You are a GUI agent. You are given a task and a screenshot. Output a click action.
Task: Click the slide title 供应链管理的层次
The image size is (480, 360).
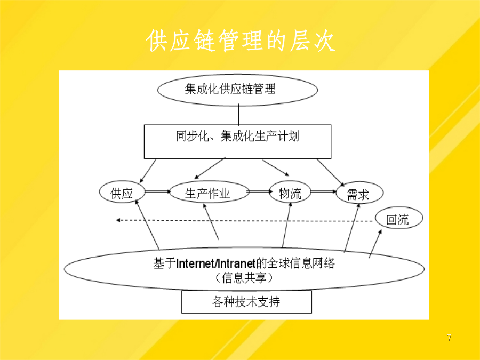(241, 41)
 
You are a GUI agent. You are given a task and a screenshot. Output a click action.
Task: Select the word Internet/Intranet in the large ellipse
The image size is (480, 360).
(216, 263)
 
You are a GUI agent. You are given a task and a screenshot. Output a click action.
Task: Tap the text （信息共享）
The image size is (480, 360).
(244, 278)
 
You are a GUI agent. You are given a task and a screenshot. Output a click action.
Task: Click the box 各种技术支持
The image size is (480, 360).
(247, 302)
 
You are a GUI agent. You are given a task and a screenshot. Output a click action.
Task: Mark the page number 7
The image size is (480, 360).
(449, 338)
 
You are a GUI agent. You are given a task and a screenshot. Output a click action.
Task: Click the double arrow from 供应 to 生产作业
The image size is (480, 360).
(157, 191)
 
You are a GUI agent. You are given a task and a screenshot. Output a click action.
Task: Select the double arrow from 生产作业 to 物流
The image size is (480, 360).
(259, 191)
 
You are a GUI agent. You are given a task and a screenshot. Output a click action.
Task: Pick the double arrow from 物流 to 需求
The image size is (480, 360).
(324, 191)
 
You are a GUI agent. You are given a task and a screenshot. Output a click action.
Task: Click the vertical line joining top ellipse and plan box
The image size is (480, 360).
(238, 115)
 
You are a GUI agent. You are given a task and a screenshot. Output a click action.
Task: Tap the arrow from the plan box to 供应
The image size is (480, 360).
(148, 171)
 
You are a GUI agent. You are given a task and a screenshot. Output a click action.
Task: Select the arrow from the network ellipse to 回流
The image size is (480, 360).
(375, 244)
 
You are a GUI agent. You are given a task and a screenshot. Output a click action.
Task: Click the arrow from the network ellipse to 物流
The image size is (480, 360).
(287, 225)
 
